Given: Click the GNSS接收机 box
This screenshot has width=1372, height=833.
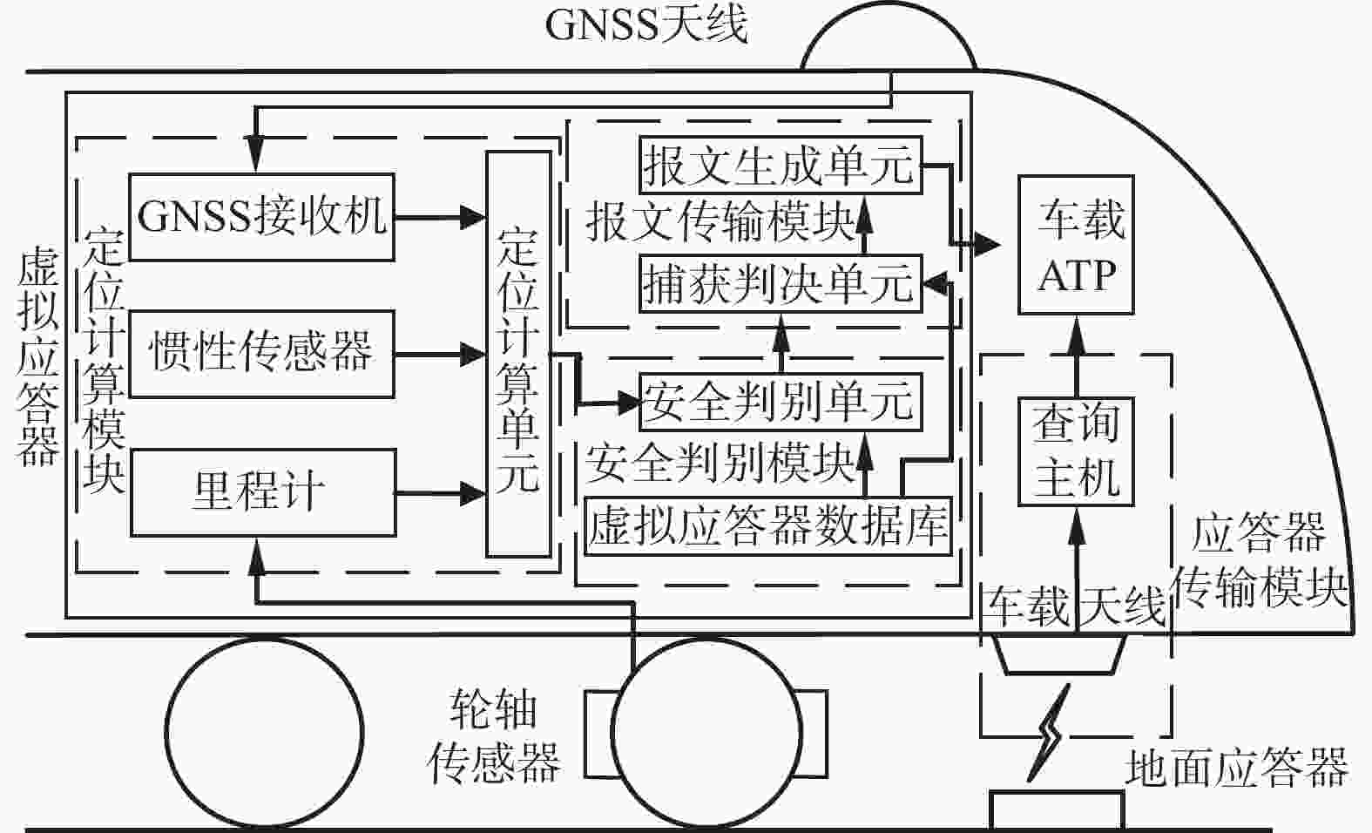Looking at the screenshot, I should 261,217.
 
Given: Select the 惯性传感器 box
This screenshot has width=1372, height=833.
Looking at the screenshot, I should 261,353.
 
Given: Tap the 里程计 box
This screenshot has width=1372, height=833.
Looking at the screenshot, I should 261,492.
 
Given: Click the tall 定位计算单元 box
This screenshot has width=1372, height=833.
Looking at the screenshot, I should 518,354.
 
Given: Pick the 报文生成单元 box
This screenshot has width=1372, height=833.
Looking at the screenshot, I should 778,164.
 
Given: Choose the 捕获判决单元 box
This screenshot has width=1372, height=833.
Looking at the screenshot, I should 778,282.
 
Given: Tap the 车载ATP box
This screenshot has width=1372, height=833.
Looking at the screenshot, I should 1077,245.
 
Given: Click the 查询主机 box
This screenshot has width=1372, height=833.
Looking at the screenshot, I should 1077,451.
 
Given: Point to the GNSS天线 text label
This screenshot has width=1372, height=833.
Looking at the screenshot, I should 645,25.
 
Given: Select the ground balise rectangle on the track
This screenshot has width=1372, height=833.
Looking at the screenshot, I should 1056,809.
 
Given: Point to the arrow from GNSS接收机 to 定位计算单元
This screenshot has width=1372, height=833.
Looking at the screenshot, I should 440,217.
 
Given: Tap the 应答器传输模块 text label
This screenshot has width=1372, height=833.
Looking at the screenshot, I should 1258,562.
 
